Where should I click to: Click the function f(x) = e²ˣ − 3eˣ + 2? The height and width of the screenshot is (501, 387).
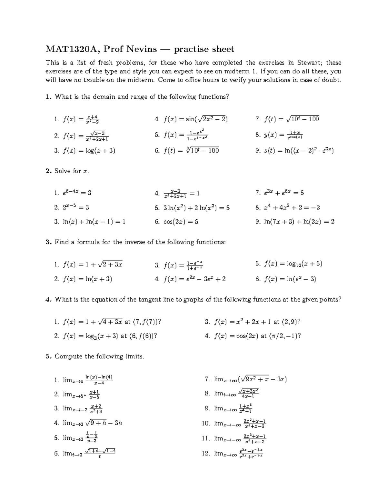pos(194,279)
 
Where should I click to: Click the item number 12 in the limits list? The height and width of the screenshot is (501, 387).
pos(206,453)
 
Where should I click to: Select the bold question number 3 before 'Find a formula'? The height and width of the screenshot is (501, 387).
pos(48,242)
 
